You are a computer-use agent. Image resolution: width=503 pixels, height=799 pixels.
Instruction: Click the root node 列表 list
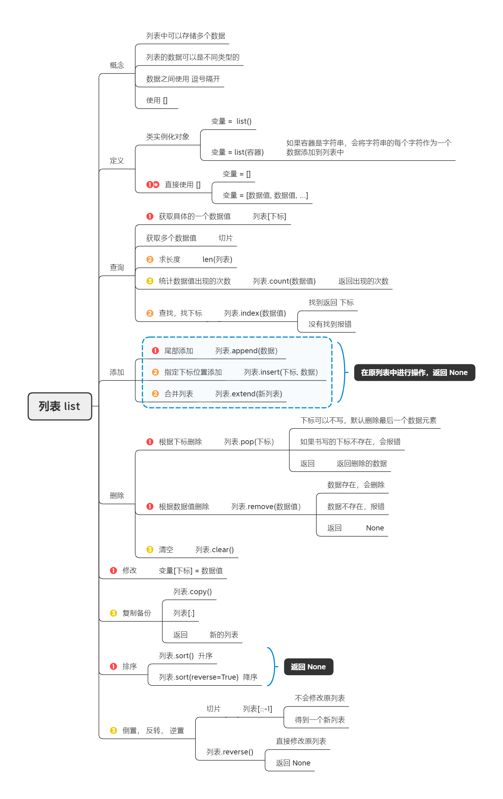click(60, 406)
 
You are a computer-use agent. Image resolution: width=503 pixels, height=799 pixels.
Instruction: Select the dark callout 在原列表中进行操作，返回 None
click(414, 372)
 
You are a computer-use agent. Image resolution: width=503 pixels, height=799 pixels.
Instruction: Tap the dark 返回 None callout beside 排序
click(308, 667)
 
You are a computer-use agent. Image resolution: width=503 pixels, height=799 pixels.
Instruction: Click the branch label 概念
click(117, 65)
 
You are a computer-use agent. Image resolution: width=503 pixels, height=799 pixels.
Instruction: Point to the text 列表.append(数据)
click(246, 351)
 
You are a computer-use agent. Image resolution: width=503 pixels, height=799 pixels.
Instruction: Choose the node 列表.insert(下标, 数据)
click(281, 372)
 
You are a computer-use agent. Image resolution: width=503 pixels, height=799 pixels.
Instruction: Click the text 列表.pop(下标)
click(249, 442)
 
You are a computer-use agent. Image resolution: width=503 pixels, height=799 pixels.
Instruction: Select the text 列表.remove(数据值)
click(266, 507)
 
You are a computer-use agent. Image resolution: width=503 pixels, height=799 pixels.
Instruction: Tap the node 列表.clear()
click(214, 550)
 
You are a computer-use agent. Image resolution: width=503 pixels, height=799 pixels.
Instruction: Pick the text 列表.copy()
click(193, 592)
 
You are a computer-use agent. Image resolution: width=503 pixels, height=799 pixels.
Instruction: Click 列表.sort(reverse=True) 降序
click(208, 677)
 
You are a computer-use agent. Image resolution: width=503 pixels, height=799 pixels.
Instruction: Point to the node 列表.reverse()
click(230, 752)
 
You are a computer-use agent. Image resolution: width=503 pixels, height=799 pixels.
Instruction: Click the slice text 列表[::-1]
click(257, 709)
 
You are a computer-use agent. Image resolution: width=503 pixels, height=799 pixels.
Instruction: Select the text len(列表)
click(217, 259)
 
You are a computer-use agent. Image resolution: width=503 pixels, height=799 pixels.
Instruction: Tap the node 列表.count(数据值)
click(284, 281)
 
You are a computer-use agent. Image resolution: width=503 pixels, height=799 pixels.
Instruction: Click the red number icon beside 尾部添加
click(155, 351)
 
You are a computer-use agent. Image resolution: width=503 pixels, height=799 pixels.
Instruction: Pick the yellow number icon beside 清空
click(150, 550)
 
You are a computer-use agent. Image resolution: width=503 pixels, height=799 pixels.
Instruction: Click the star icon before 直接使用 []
click(156, 185)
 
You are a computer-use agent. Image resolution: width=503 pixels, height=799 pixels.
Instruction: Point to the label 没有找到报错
click(330, 324)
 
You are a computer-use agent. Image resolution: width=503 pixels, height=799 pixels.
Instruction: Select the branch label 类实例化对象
click(168, 137)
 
